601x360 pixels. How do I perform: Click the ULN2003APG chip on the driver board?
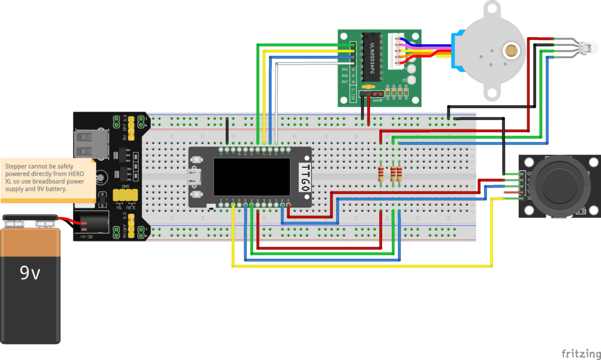pyautogui.click(x=371, y=58)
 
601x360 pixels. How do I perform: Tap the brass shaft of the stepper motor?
pyautogui.click(x=514, y=52)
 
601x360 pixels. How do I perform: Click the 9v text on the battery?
pyautogui.click(x=30, y=273)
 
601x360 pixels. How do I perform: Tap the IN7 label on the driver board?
pyautogui.click(x=345, y=82)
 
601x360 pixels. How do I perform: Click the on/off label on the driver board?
pyautogui.click(x=377, y=100)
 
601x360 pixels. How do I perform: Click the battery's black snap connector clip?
pyautogui.click(x=29, y=222)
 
